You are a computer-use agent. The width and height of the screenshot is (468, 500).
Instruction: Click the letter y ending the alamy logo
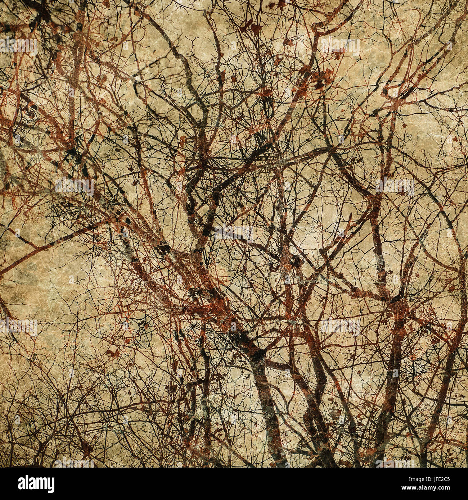(x=49, y=485)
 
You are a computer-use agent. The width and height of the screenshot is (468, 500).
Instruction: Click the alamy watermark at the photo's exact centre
(x=234, y=233)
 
